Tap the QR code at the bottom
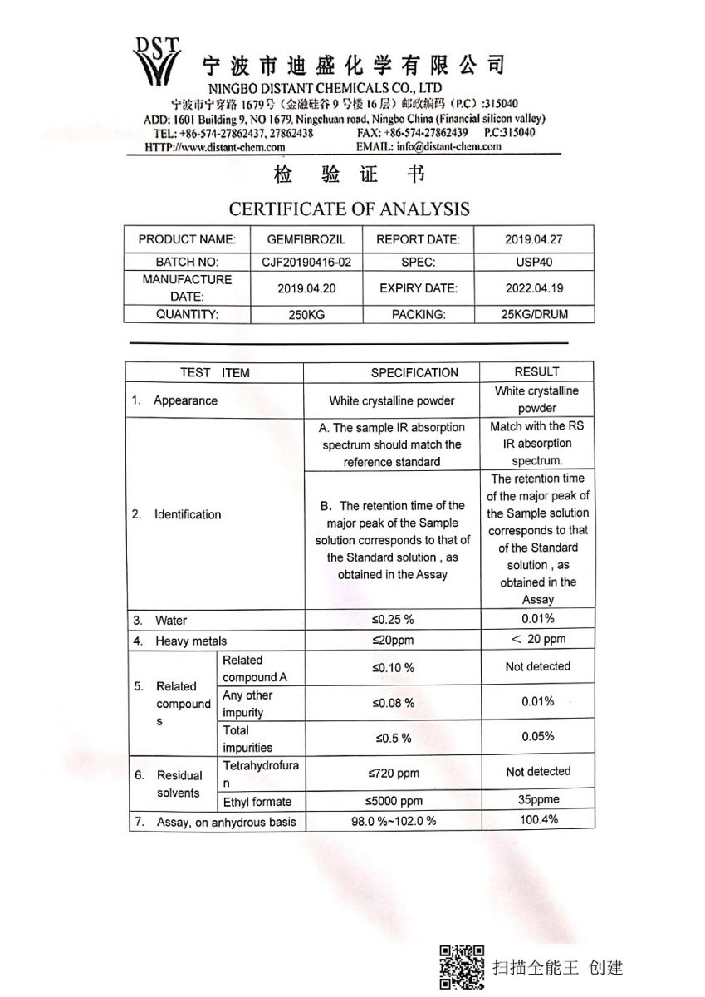tap(462, 967)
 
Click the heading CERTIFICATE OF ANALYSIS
tap(349, 209)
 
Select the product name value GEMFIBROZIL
tap(306, 239)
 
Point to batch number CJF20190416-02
tap(306, 262)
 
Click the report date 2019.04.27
tap(533, 239)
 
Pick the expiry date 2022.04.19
tap(533, 288)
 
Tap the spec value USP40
tap(533, 262)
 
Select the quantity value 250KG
tap(306, 315)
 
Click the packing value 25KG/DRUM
tap(533, 315)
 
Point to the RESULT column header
tap(536, 371)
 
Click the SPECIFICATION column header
tap(414, 373)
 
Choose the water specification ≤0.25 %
tap(393, 621)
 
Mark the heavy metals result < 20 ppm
tap(538, 639)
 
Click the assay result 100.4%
tap(538, 820)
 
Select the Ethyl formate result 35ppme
tap(538, 799)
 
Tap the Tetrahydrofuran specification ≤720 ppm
tap(393, 774)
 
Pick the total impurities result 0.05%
tap(538, 737)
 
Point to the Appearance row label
tap(185, 400)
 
